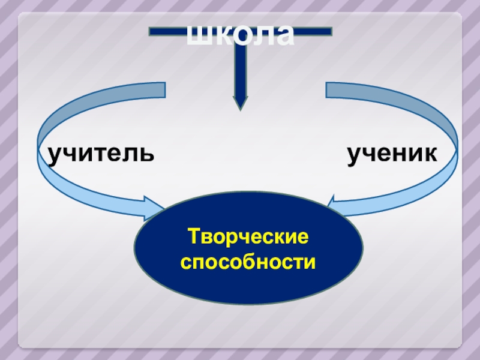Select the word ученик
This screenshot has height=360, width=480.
tap(392, 154)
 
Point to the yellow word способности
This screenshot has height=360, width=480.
tap(248, 262)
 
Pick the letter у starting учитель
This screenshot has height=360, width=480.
tap(56, 155)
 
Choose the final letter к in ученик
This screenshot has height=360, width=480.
tap(430, 154)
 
